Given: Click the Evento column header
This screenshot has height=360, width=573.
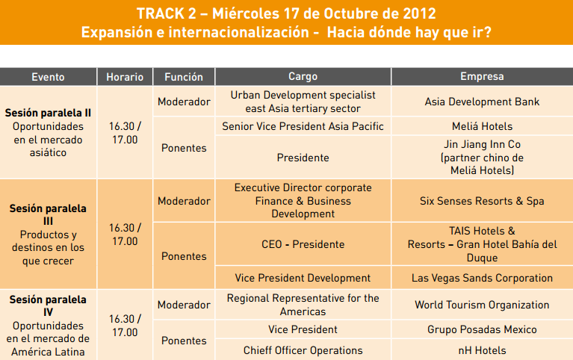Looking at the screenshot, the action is [x=48, y=77].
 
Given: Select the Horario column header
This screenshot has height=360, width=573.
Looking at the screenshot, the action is [x=125, y=77].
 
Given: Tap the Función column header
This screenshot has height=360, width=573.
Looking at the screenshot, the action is [x=184, y=77].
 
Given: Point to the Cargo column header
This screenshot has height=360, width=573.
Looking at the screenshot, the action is [x=303, y=76].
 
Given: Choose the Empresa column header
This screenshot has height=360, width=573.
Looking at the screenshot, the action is [x=482, y=76].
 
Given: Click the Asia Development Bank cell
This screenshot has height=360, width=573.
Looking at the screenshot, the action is [x=482, y=102].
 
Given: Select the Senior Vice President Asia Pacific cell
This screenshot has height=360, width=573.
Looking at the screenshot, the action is [x=303, y=126].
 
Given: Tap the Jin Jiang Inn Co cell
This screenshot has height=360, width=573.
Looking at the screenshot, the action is [x=482, y=158].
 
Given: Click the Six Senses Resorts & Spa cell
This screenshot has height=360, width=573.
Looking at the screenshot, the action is [x=482, y=201].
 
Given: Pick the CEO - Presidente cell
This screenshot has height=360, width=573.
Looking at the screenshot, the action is [x=303, y=244].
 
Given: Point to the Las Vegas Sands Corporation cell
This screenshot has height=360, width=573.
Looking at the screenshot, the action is [x=482, y=278].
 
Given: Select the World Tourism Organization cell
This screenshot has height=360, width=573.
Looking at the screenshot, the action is [x=482, y=305].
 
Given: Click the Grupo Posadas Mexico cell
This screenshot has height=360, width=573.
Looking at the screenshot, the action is [x=482, y=329].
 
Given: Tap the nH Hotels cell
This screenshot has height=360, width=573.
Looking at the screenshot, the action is [x=482, y=350].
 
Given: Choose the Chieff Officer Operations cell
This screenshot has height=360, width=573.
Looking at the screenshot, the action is [x=303, y=350].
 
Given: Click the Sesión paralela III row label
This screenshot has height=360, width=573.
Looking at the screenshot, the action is [x=48, y=215].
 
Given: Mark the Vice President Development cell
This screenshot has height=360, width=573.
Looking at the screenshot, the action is [x=303, y=278].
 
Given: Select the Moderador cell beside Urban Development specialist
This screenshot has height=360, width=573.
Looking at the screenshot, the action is [x=184, y=102].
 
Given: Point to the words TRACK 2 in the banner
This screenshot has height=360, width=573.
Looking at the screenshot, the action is [x=167, y=14].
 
